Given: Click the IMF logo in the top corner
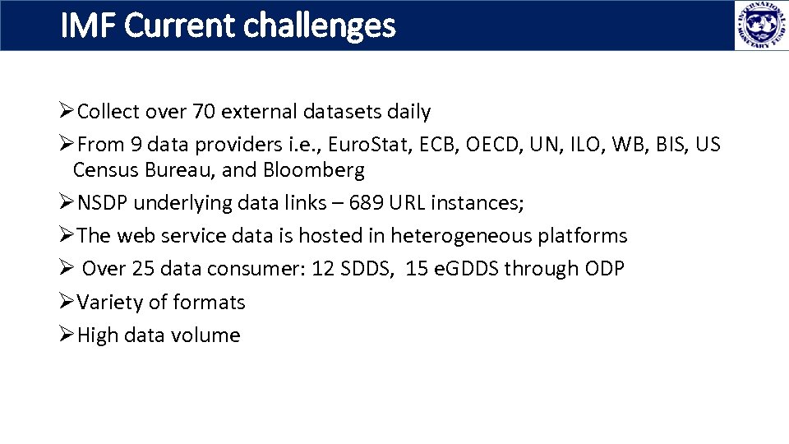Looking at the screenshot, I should pos(755,25).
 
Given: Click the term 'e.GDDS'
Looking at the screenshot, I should pos(465,269).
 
